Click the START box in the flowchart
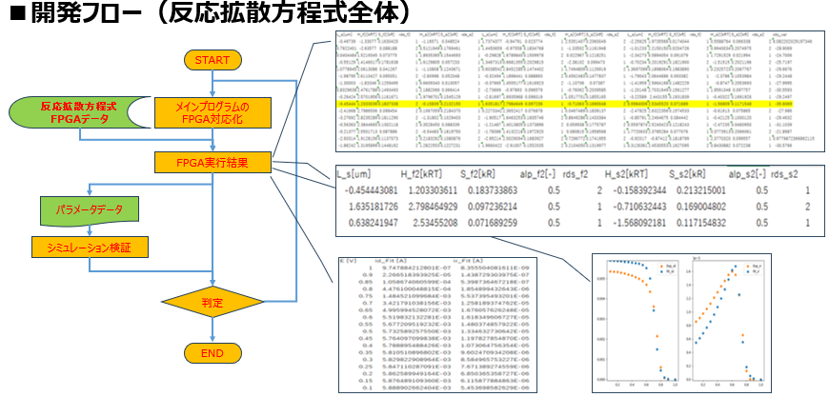211,61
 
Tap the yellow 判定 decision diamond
211,304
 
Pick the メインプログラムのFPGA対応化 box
212,112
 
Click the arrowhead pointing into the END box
211,338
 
